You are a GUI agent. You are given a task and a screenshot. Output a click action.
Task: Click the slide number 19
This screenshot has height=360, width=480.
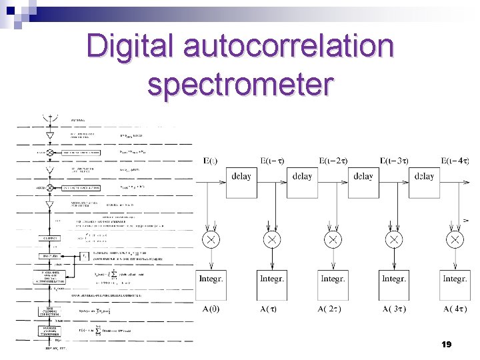point(447,345)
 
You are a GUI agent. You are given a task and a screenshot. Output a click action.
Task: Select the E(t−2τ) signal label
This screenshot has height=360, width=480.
point(333,161)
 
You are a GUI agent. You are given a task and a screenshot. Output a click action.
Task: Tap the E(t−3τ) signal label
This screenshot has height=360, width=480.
point(395,161)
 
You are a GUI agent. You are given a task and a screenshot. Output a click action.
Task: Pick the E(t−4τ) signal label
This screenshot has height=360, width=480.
point(456,161)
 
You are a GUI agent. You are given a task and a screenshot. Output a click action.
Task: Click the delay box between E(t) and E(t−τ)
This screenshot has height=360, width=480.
point(242,177)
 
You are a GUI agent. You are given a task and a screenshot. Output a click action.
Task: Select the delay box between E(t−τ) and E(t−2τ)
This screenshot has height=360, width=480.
point(302,177)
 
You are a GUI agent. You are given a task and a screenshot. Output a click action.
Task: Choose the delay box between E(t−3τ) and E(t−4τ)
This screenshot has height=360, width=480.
point(424,177)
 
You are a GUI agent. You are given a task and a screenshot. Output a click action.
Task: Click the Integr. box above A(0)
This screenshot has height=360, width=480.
point(211,279)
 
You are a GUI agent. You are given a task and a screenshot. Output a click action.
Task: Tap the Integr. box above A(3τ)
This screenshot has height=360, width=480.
point(394,279)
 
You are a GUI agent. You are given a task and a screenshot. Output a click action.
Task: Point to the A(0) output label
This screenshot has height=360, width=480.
point(211,309)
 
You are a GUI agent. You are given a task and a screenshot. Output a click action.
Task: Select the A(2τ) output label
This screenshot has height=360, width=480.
point(333,309)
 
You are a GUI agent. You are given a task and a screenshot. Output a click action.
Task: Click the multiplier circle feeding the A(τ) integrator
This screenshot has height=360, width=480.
point(272,239)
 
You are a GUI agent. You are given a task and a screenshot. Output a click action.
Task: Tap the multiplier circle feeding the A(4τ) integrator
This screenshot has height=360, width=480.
point(455,239)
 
